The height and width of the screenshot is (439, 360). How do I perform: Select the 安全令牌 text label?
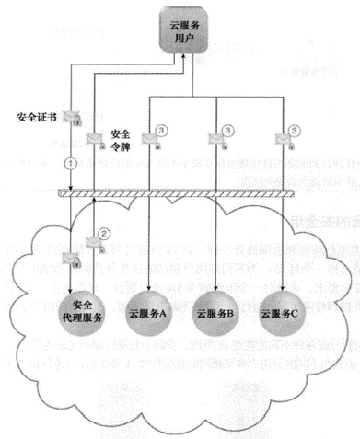click(x=122, y=139)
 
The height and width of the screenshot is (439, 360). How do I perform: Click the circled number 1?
click(x=68, y=162)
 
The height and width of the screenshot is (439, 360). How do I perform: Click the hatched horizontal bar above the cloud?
click(x=184, y=191)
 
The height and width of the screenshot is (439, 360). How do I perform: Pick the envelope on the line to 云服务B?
click(x=217, y=140)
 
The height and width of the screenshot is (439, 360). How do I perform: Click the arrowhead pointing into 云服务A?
click(x=149, y=263)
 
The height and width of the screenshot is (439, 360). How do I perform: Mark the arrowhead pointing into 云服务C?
click(x=284, y=263)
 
